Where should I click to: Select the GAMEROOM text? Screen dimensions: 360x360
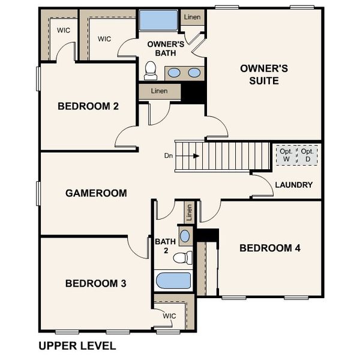(96, 193)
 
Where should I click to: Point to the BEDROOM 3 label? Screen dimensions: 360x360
(96, 283)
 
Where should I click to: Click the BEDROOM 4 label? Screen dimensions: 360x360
(270, 248)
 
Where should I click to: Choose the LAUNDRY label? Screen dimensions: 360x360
(294, 185)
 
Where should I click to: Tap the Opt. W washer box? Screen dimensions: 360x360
(286, 155)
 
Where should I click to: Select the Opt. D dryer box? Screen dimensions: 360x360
(308, 155)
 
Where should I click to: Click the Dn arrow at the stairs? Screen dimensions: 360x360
(196, 155)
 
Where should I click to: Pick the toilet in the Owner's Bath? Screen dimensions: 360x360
(151, 71)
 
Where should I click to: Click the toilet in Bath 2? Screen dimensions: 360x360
(181, 258)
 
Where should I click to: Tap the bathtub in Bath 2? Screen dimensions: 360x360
(173, 281)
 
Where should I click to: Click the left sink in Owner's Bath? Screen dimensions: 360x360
(173, 73)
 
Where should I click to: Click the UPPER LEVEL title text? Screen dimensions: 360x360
(77, 346)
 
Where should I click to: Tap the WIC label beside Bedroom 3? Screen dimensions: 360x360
(169, 316)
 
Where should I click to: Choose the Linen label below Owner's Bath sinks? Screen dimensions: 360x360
(159, 91)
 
